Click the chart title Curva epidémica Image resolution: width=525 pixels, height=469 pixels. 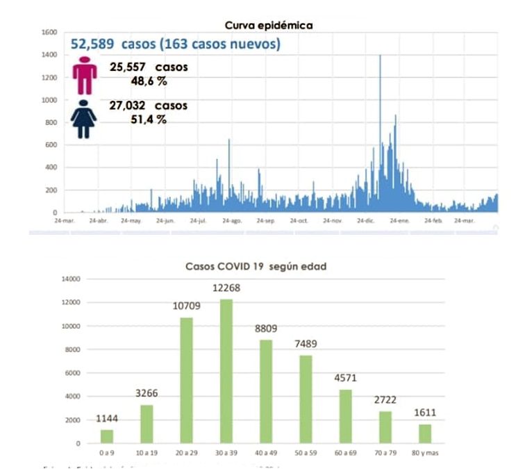coord(269,25)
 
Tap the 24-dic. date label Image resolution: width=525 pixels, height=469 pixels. coord(366,220)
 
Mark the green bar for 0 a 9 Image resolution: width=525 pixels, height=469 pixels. coord(106,436)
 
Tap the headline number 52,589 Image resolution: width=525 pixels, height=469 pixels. coord(93,44)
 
